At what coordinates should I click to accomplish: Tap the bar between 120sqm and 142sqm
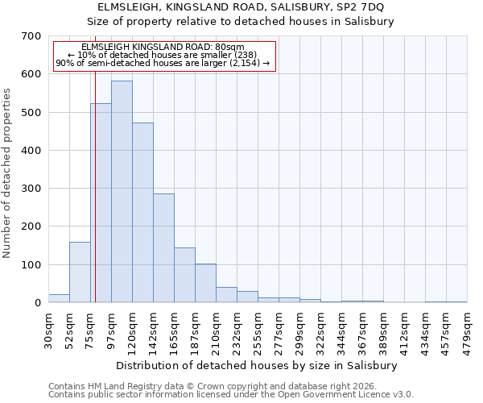142,213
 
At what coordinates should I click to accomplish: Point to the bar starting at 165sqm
184,275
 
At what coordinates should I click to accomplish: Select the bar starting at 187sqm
205,283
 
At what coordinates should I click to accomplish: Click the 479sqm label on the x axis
468,330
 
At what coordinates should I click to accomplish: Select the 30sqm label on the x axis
49,327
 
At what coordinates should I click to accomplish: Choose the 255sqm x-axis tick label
258,330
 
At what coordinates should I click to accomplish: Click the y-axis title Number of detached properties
7,169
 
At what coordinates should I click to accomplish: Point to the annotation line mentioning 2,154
162,63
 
